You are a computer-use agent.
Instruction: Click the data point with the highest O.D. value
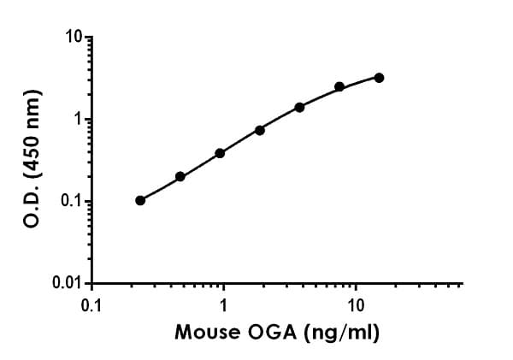[379, 78]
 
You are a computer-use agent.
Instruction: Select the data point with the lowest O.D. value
[140, 200]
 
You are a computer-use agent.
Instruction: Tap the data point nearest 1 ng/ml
[220, 153]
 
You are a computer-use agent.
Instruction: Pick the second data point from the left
[180, 176]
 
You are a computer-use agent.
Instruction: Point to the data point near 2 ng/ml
[260, 130]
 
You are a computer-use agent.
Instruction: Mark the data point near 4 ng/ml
[299, 107]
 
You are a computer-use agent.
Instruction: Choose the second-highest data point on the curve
[339, 86]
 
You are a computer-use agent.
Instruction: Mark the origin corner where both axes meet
[92, 283]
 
